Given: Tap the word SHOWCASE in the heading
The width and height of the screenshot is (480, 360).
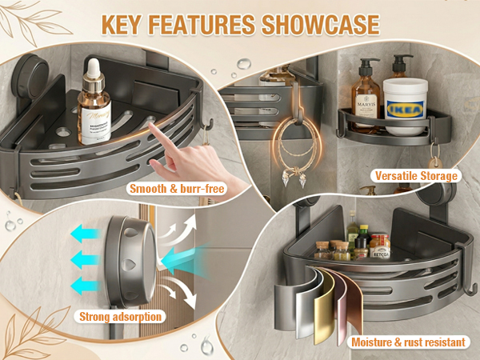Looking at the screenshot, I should click(x=320, y=24).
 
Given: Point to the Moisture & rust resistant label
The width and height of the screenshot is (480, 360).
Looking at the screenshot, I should click(x=407, y=342).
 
